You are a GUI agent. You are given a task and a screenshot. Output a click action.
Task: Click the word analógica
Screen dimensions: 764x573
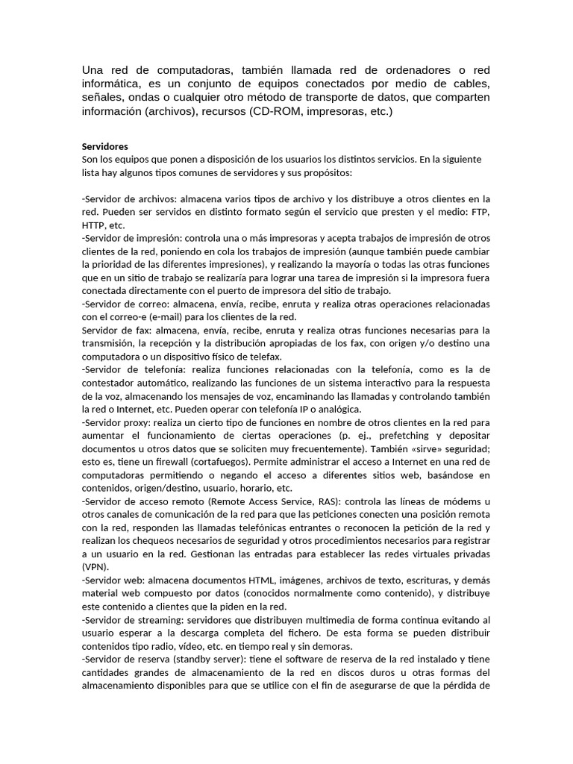pos(339,408)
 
